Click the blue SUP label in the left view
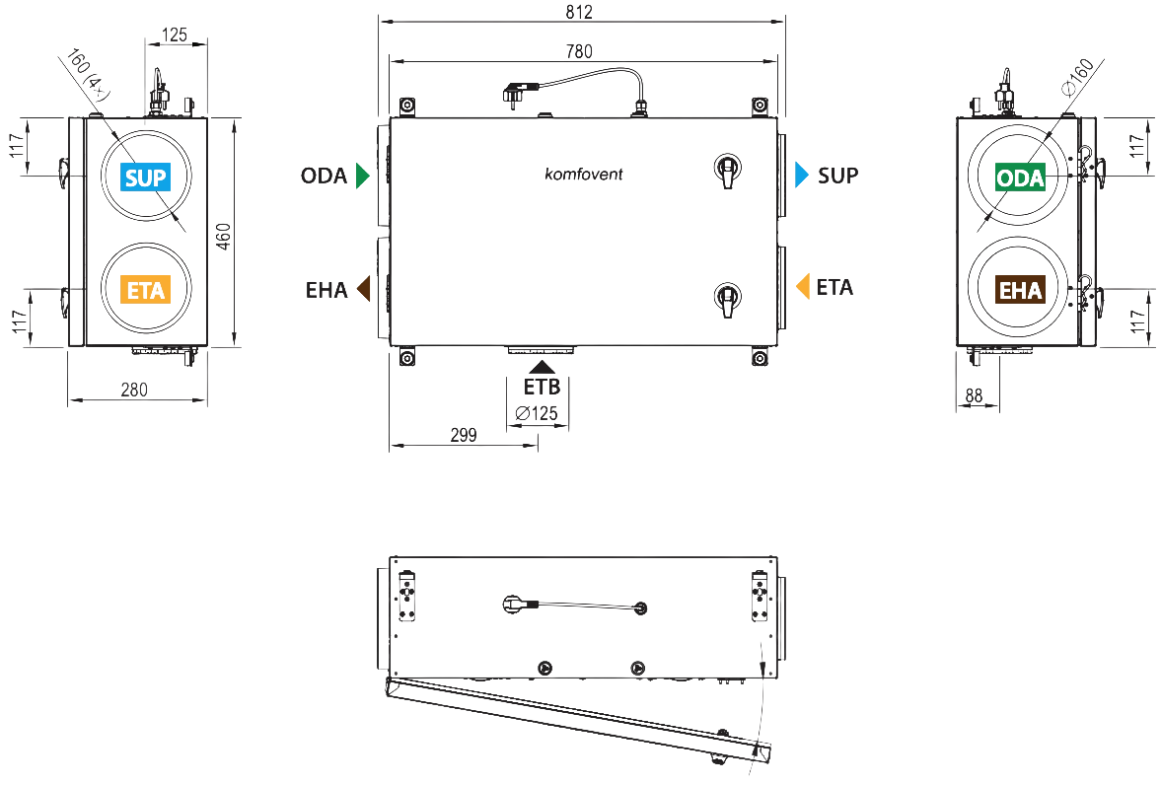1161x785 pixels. coord(146,178)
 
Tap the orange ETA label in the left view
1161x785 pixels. coord(146,290)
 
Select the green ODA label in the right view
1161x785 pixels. coord(1020,178)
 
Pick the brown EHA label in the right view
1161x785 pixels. coord(1020,290)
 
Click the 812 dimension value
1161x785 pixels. coord(579,13)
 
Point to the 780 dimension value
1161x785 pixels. coord(579,52)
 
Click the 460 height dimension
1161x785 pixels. coord(224,237)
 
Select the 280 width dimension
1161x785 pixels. coord(134,390)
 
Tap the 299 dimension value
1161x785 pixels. coord(464,435)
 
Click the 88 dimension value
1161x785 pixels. coord(974,395)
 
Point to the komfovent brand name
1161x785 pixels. coord(584,174)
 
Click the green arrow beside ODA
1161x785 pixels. coord(362,176)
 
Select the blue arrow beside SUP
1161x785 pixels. coord(802,175)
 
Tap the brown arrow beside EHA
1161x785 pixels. coord(364,288)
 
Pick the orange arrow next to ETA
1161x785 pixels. coord(803,286)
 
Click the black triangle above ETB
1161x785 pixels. coord(542,367)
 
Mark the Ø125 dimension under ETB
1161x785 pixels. coord(537,413)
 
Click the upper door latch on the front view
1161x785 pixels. coord(727,170)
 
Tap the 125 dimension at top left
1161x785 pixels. coord(175,35)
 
